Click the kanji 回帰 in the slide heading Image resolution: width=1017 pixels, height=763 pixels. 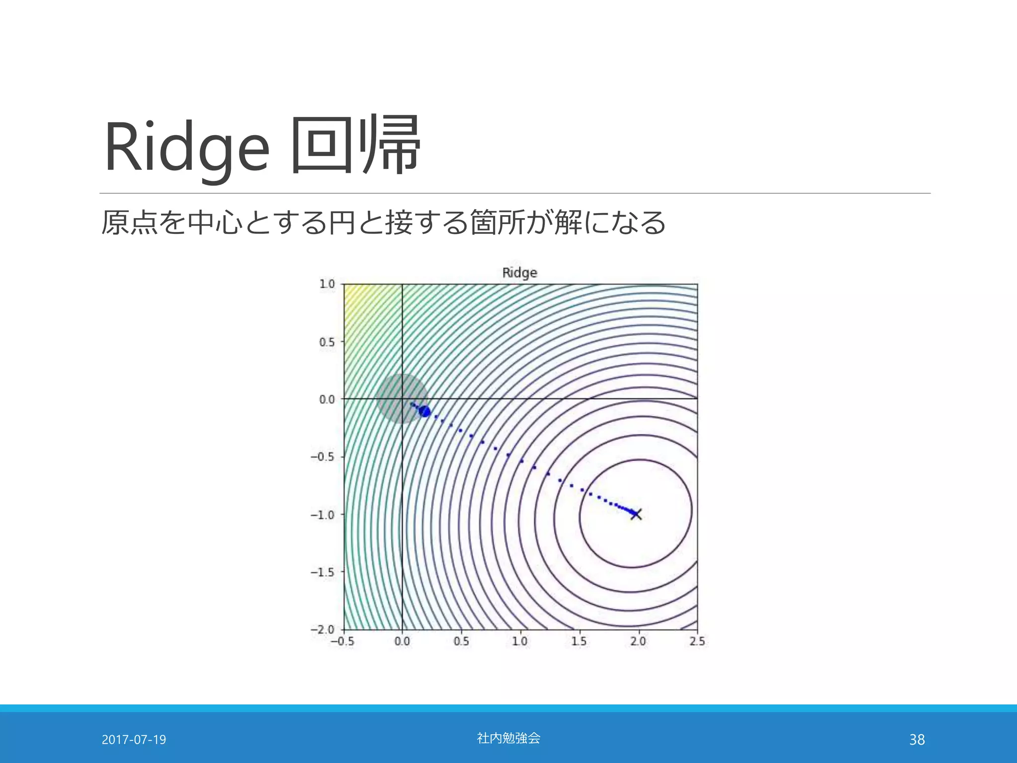356,145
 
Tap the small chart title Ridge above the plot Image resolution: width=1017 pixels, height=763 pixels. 519,273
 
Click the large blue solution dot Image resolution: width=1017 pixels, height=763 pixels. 425,411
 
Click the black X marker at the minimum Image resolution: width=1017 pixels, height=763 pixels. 636,514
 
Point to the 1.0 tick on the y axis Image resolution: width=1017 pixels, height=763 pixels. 327,284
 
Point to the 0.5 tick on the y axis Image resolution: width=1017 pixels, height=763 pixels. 327,342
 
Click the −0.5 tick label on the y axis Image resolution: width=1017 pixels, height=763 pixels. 323,457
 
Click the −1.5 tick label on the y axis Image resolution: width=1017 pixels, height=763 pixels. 323,572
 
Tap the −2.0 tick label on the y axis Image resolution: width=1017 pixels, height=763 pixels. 323,629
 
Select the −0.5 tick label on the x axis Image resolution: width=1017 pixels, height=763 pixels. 343,641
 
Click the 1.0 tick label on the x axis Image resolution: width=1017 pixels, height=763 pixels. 519,641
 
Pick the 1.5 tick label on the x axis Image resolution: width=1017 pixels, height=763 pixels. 579,641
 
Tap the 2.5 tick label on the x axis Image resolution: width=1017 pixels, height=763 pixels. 697,641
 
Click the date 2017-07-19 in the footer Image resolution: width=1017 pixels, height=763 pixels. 134,740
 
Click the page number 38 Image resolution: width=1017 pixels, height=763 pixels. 917,740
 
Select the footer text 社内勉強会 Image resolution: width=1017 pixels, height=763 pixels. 508,738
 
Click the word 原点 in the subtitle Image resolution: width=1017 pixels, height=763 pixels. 129,222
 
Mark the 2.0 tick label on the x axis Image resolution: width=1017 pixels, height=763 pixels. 638,641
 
